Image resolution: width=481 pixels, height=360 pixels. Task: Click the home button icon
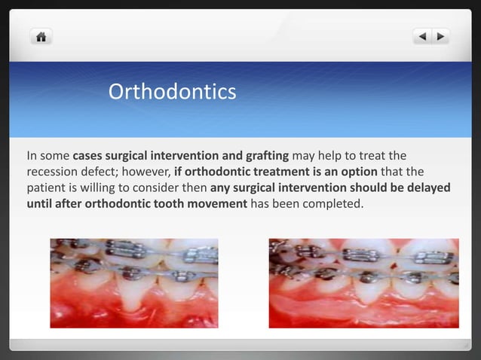click(40, 35)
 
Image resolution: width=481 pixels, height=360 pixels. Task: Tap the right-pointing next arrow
click(440, 35)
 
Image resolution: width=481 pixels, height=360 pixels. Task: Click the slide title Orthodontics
click(172, 92)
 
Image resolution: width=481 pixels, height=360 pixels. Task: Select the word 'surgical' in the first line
click(130, 156)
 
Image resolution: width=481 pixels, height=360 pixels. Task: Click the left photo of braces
click(134, 283)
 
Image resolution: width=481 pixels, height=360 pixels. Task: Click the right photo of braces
click(363, 283)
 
